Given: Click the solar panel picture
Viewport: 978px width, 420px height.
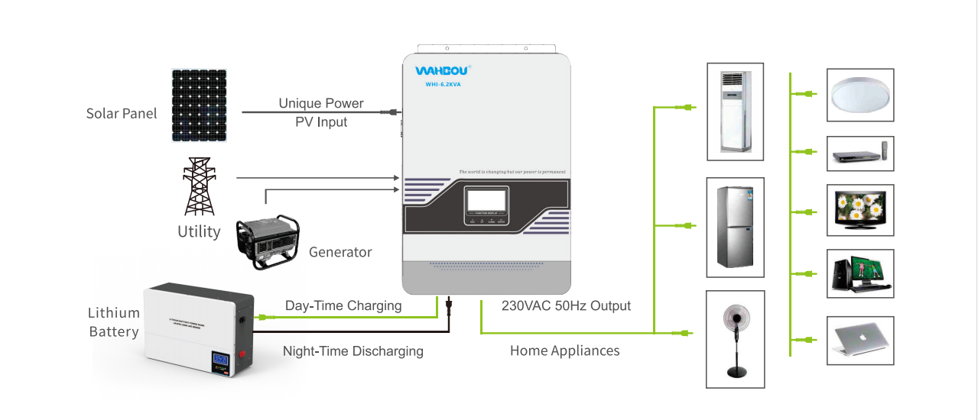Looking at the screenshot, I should tap(198, 106).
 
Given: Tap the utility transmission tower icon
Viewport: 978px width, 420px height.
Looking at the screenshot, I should tap(198, 187).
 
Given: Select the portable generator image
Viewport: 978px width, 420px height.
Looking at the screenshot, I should tap(268, 240).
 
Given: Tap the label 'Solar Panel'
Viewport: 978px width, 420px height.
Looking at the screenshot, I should tap(122, 114).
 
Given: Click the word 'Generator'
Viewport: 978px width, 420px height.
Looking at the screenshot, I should tap(340, 252).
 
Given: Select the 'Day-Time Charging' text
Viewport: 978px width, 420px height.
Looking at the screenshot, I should tap(343, 305).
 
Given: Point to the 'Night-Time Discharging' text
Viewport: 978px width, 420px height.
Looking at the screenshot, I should tap(353, 351).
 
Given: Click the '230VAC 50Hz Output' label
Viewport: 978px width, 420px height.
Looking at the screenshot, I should tap(566, 305).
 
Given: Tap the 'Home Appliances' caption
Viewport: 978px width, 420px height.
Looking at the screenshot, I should tap(564, 351).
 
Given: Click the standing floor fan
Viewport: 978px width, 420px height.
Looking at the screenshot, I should tap(735, 340).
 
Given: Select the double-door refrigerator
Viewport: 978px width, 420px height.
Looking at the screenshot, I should tap(735, 228).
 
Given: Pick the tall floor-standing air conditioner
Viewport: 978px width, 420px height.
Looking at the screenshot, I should tap(735, 112).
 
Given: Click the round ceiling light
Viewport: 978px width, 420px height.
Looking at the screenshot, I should tap(861, 96).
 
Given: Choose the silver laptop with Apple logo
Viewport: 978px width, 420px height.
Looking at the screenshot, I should tap(861, 341).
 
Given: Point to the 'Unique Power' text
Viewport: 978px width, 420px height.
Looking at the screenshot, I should tap(321, 103).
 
